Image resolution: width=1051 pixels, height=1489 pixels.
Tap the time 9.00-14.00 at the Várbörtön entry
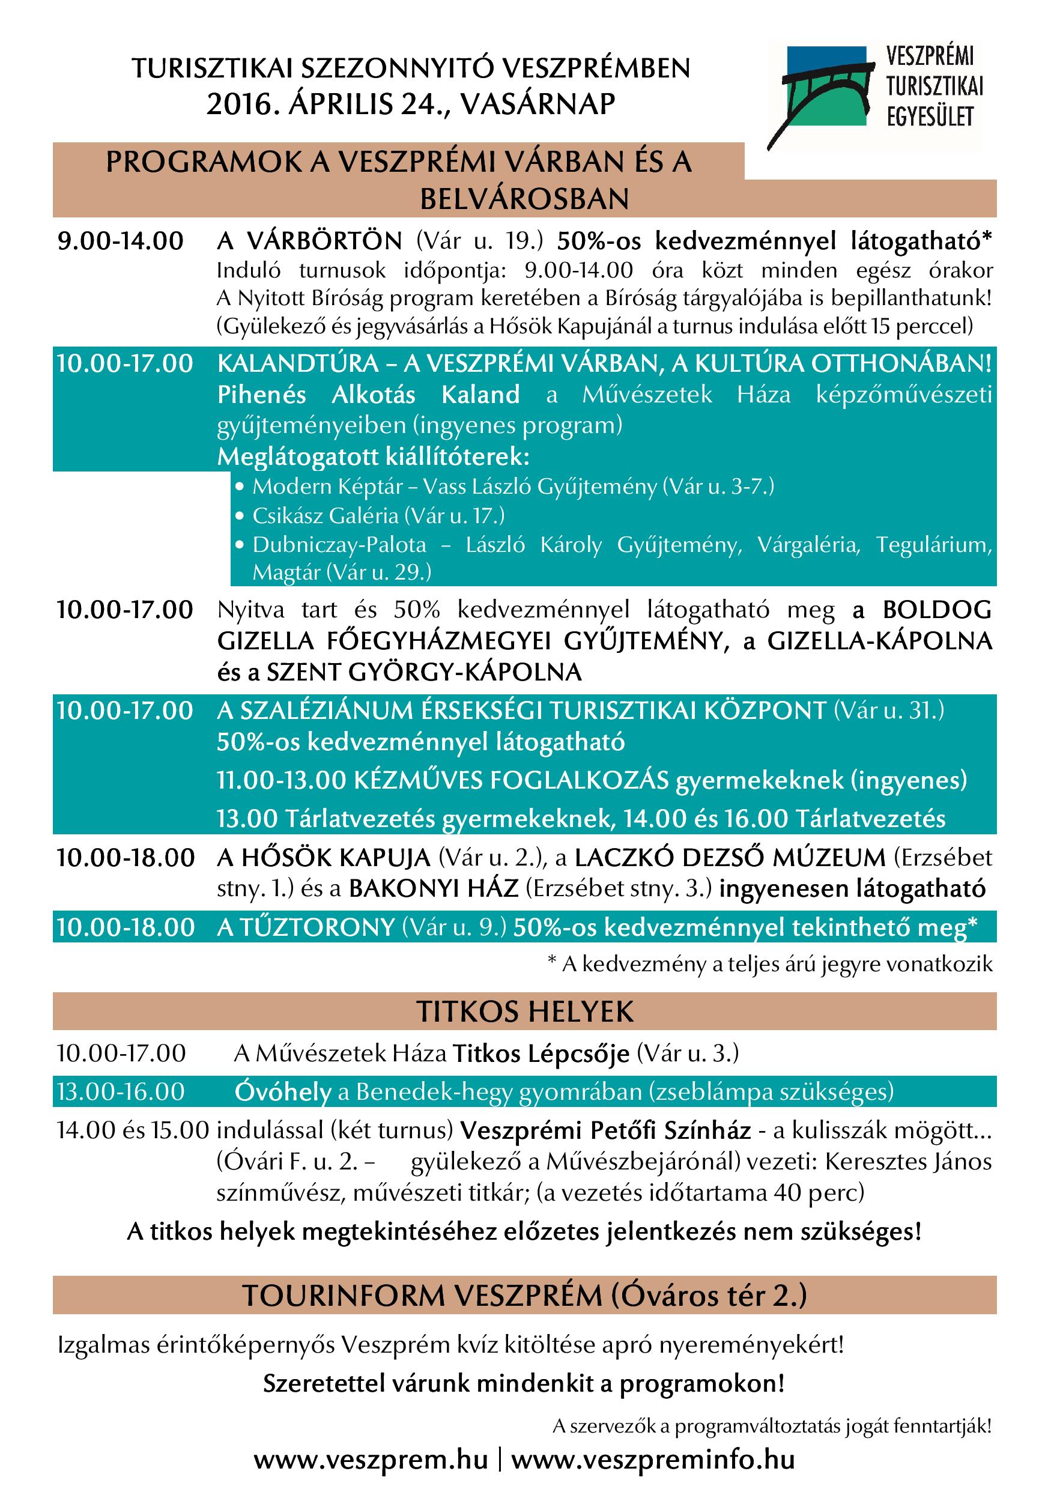tap(121, 241)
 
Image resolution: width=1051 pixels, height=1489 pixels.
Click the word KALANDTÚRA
tap(298, 364)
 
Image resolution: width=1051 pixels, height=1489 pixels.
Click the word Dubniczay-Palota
tap(339, 544)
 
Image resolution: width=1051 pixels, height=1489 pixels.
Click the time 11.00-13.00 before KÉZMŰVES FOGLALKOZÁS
tap(282, 780)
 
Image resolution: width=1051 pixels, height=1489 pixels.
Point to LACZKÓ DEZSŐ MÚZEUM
tap(730, 858)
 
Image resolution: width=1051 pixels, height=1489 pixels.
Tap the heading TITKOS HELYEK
tap(524, 1012)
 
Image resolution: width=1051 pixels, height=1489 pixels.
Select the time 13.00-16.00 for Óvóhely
tap(121, 1091)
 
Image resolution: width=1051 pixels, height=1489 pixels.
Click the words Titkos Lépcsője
tap(541, 1054)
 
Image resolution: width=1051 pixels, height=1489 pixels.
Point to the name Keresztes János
tap(907, 1162)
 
